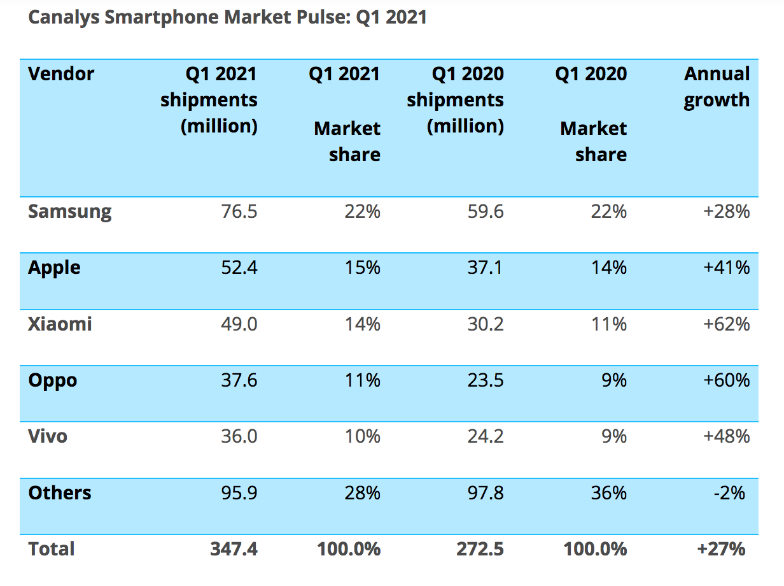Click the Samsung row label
point(69,211)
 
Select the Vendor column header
point(61,74)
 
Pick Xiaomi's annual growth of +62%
point(726,324)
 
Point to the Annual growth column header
point(717,87)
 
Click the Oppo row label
point(53,380)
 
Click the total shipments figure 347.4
point(234,549)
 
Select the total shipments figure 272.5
point(480,549)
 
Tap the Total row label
point(52,549)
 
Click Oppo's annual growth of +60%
point(726,380)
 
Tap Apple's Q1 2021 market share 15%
point(362,268)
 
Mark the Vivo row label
point(48,436)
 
